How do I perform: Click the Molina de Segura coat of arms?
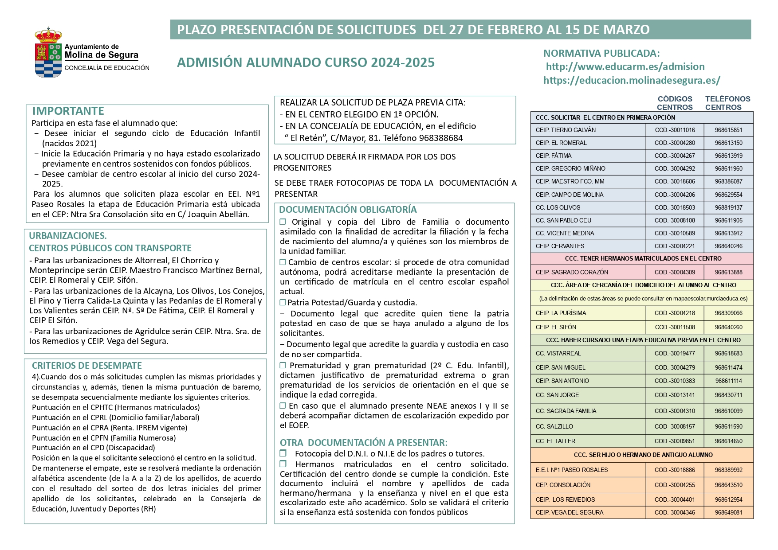click(x=48, y=53)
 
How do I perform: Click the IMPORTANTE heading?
click(x=68, y=111)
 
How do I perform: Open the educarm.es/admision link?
click(x=625, y=66)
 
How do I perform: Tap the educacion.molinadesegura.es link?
click(x=632, y=80)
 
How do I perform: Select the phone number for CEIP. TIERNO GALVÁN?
click(x=728, y=130)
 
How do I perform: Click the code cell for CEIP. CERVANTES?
click(x=675, y=246)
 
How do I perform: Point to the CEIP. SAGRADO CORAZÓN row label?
click(x=572, y=272)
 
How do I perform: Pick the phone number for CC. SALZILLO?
click(x=728, y=426)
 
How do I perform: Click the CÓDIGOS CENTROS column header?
click(x=675, y=103)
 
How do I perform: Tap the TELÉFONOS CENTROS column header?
click(x=727, y=103)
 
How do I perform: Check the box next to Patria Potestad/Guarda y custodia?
click(x=283, y=303)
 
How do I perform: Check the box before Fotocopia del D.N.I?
click(x=283, y=453)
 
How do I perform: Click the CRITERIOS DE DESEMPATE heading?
click(x=87, y=366)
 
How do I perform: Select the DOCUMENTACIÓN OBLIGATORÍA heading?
click(x=348, y=210)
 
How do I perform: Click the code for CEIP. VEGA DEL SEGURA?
click(x=675, y=512)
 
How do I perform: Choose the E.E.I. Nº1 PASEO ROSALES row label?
click(x=572, y=470)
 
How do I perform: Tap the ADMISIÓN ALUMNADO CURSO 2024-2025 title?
click(x=306, y=62)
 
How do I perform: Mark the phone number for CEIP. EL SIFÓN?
click(x=728, y=327)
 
